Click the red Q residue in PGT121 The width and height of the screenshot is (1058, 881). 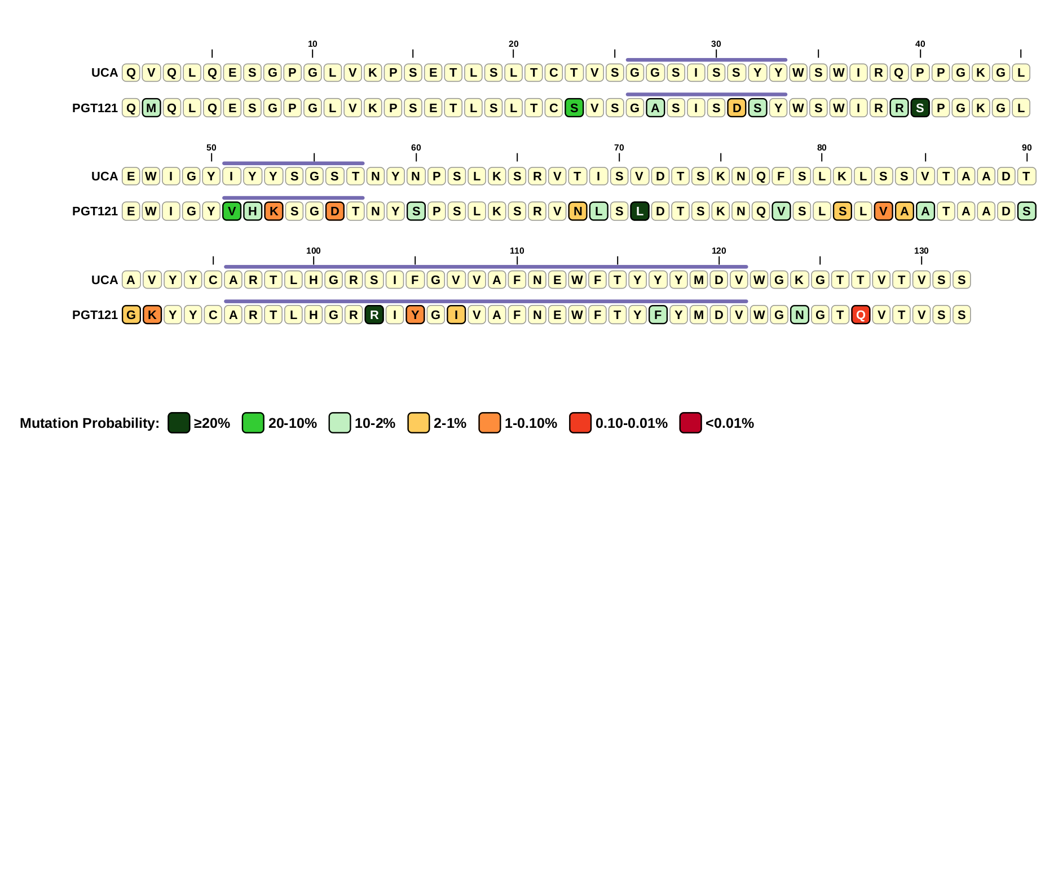(861, 315)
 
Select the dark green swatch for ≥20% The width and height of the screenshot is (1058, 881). (179, 423)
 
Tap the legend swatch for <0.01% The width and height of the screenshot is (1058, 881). (690, 423)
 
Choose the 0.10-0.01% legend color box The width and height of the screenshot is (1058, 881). (580, 423)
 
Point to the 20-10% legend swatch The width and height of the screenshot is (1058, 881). (253, 423)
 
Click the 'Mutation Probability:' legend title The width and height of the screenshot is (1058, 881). (90, 423)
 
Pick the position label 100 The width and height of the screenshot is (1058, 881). (314, 251)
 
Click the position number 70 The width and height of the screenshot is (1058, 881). (619, 148)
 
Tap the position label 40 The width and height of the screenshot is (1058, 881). (920, 44)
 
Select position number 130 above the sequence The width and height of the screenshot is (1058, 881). (921, 251)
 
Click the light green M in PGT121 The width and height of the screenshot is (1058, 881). (151, 108)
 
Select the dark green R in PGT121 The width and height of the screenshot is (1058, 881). (374, 315)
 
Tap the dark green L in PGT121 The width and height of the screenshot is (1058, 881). (640, 211)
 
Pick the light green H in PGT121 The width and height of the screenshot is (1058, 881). (253, 211)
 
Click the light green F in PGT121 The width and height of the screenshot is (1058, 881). (658, 315)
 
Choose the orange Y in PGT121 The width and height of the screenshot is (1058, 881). (415, 315)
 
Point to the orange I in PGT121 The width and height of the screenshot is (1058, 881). (456, 315)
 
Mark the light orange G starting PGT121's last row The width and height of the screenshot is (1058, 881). (131, 315)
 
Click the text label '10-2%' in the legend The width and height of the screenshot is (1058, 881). (374, 423)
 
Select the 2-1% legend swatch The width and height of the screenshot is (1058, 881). (418, 423)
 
